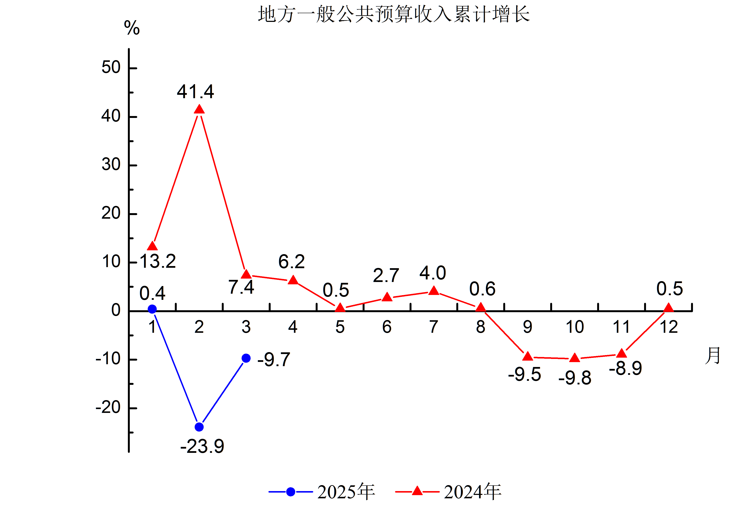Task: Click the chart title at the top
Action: [x=394, y=15]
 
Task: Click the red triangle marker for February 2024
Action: [x=199, y=110]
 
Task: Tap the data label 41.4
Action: [x=195, y=92]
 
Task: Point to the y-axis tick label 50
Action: [x=111, y=68]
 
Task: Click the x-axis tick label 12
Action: [x=669, y=327]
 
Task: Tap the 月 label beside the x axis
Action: [x=712, y=356]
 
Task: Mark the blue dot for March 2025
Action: [x=246, y=358]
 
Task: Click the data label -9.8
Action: [x=575, y=378]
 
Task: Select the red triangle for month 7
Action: [x=434, y=291]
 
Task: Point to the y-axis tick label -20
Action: [x=108, y=407]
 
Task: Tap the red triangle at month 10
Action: [x=575, y=358]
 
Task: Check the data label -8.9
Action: [x=625, y=368]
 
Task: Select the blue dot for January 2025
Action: [x=152, y=309]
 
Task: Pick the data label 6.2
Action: [x=291, y=262]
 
